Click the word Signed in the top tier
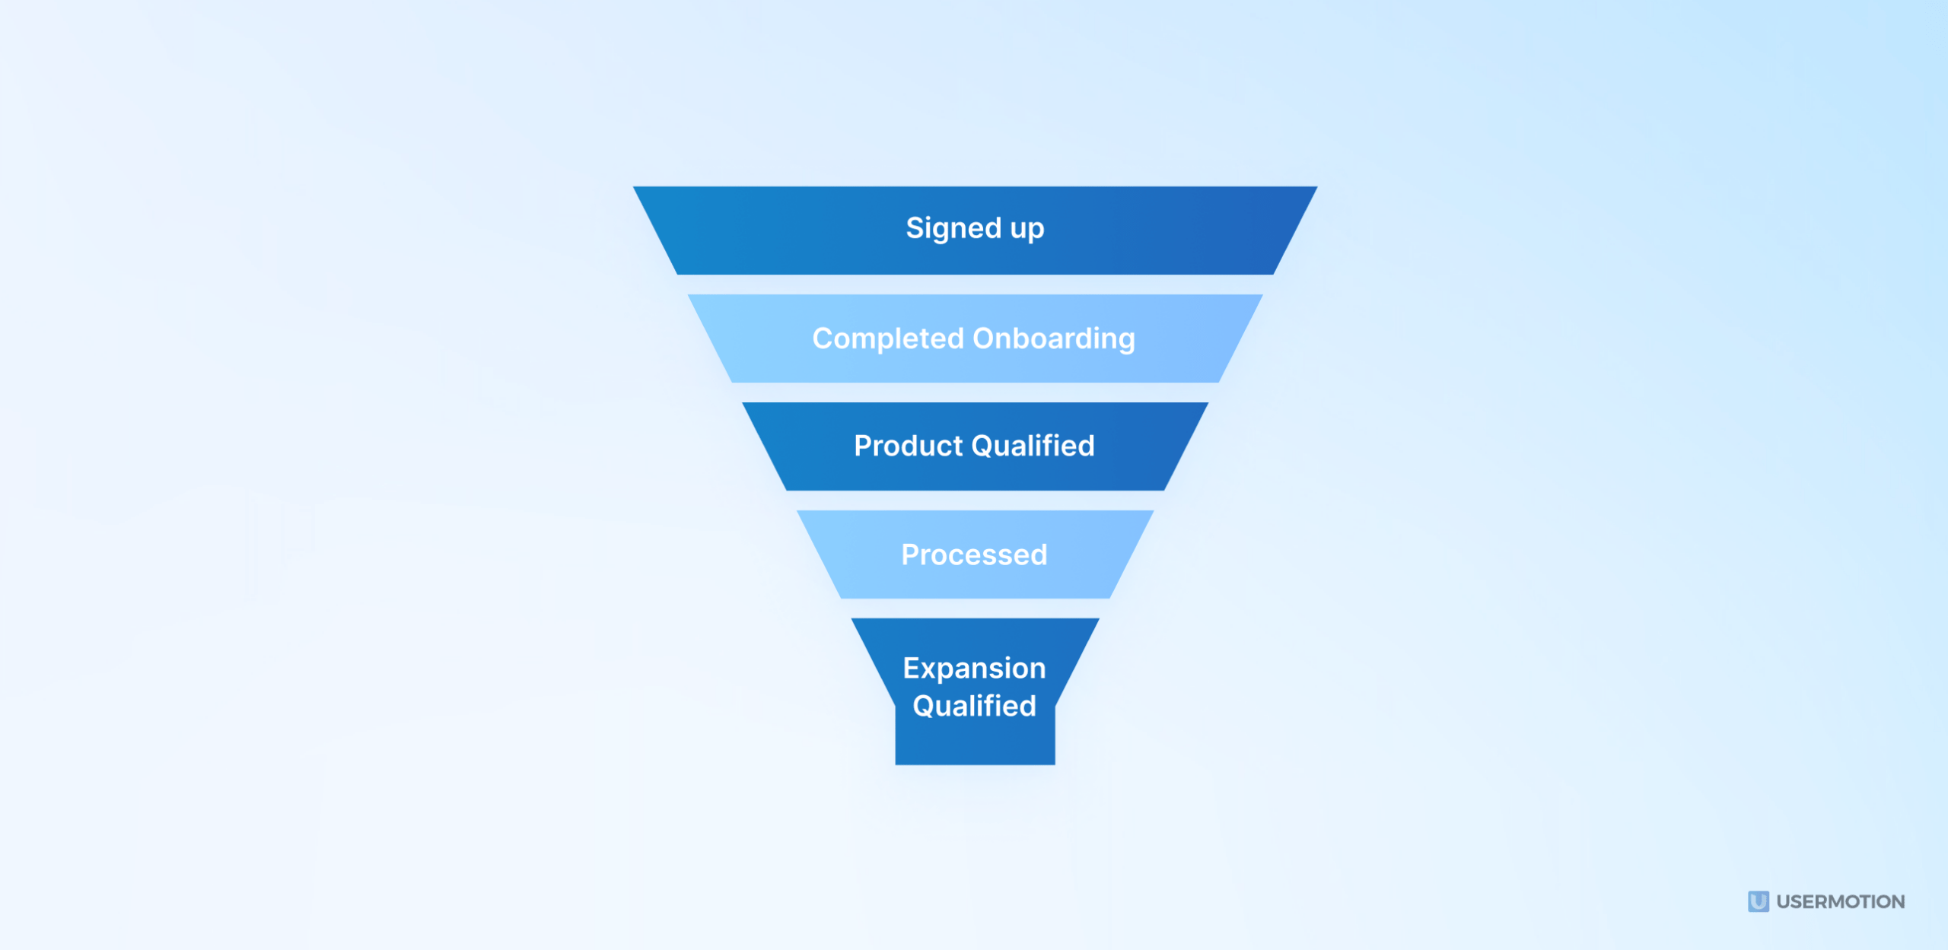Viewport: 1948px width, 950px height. click(x=953, y=228)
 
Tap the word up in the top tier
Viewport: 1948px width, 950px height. click(x=1027, y=230)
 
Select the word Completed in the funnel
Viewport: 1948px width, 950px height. click(x=888, y=338)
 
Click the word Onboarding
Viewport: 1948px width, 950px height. click(x=1054, y=339)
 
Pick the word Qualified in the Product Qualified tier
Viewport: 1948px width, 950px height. click(x=1033, y=446)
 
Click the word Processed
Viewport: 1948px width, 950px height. click(x=974, y=555)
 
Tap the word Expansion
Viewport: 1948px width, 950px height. click(x=974, y=669)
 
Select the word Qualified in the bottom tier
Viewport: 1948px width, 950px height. click(x=974, y=707)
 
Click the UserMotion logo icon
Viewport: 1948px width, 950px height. click(x=1758, y=902)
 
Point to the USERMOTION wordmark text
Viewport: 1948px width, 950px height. click(x=1841, y=902)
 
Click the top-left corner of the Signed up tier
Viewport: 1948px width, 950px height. click(x=635, y=188)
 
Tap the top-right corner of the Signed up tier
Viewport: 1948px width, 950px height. click(x=1316, y=188)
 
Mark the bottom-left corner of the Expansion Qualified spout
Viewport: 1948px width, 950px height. click(x=896, y=764)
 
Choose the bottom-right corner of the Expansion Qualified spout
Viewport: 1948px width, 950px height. click(x=1054, y=764)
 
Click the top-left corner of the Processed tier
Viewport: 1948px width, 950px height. click(x=798, y=512)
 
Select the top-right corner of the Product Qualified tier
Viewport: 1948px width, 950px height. click(x=1207, y=404)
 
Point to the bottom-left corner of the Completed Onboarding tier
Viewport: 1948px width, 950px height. click(x=732, y=381)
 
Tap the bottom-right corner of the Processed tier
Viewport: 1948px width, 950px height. click(x=1109, y=597)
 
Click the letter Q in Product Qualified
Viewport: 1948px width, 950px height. click(x=983, y=446)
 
